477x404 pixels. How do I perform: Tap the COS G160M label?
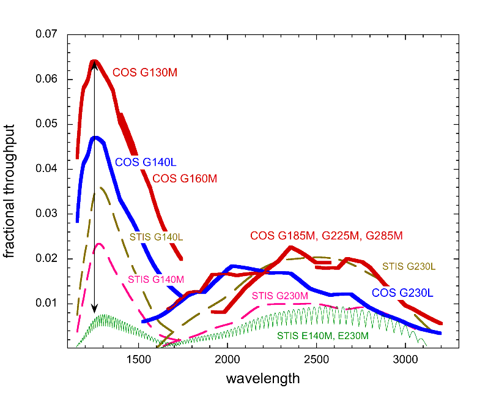185,179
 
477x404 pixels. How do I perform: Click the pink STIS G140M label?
155,280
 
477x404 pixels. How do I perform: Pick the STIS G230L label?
409,266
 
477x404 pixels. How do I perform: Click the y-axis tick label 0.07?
46,35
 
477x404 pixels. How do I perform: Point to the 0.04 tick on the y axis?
46,169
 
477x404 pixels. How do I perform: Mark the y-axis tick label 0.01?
46,304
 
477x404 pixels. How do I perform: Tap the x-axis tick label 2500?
316,359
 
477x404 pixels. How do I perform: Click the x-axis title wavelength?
263,379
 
